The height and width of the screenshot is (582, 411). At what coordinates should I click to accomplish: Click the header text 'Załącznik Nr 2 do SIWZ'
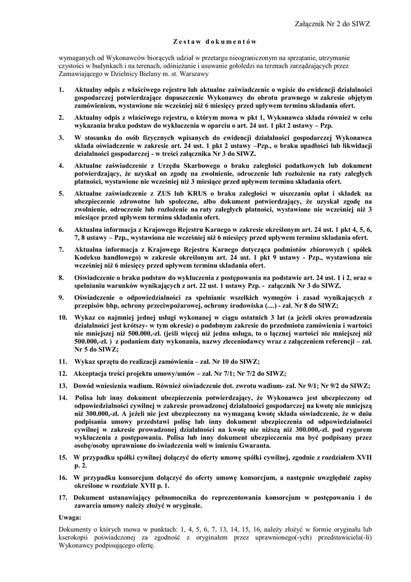pos(333,24)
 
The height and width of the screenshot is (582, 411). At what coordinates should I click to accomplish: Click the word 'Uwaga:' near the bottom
pos(70,517)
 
